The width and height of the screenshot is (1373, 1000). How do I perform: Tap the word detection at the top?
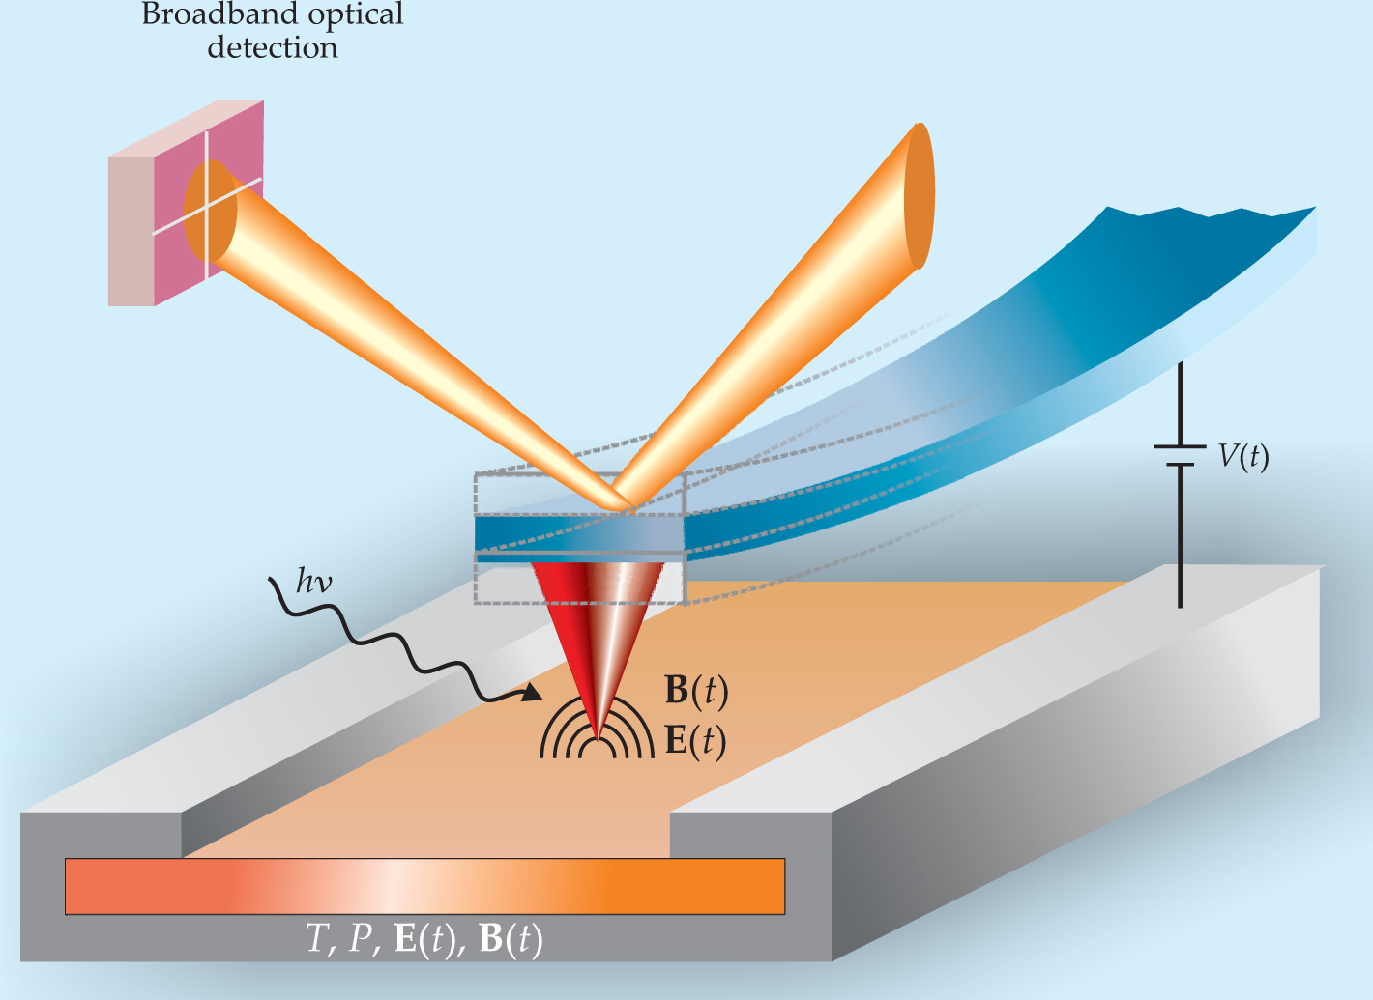pyautogui.click(x=273, y=47)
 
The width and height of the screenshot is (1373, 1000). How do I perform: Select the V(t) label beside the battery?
pyautogui.click(x=1242, y=456)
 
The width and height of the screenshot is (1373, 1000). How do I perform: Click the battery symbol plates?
pyautogui.click(x=1180, y=455)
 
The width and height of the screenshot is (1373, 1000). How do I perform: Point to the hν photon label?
pyautogui.click(x=313, y=584)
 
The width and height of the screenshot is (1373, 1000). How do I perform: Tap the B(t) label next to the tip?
pyautogui.click(x=695, y=692)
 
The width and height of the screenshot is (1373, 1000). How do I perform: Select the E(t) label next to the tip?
pyautogui.click(x=695, y=740)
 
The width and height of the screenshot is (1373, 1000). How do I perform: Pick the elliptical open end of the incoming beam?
pyautogui.click(x=920, y=196)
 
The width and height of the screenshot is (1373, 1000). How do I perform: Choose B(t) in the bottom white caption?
pyautogui.click(x=511, y=939)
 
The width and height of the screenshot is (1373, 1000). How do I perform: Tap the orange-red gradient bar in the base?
pyautogui.click(x=424, y=886)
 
